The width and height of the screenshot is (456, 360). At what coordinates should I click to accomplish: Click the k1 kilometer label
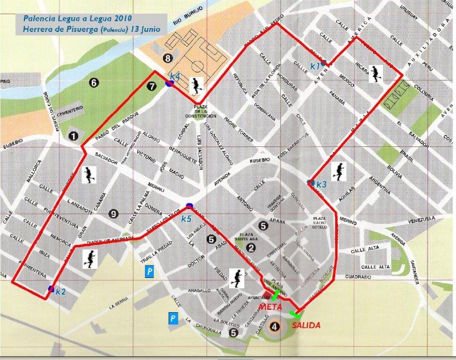tap(315, 67)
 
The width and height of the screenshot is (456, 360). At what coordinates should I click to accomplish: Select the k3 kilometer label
tap(321, 185)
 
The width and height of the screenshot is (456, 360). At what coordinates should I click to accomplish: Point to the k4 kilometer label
tap(175, 76)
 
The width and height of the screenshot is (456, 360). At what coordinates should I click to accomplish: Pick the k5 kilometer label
tap(186, 218)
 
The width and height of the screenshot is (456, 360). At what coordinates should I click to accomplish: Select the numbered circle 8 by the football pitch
tap(167, 58)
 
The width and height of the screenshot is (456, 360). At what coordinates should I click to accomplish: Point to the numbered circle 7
tap(150, 87)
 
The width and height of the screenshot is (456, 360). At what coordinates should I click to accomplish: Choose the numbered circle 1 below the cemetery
tap(73, 136)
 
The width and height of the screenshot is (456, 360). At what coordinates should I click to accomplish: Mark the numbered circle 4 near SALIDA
tap(275, 326)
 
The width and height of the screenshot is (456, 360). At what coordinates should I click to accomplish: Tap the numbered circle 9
tap(113, 214)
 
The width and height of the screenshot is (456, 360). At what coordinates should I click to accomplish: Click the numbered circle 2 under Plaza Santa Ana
tap(251, 247)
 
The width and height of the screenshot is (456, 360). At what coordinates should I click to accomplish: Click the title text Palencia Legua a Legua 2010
tap(73, 18)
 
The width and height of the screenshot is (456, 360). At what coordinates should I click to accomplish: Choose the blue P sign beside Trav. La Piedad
tap(149, 272)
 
